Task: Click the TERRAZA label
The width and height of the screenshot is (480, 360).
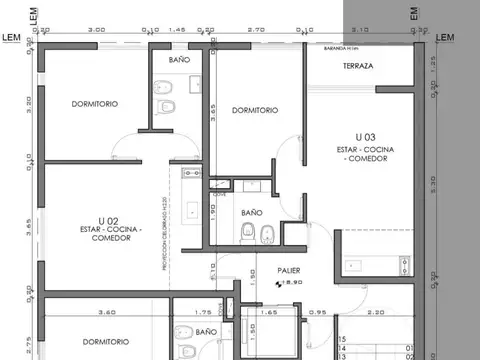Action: [x=357, y=66]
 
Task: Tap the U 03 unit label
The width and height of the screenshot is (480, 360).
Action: [x=365, y=135]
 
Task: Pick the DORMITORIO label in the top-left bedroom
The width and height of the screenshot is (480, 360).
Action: [x=95, y=104]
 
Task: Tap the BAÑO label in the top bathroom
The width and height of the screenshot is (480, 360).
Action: [x=179, y=60]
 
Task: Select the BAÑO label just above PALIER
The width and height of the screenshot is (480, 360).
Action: [x=251, y=212]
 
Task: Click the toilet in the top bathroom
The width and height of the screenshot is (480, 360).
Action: [x=171, y=105]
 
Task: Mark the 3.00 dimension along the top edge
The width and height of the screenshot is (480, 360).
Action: [x=96, y=31]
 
